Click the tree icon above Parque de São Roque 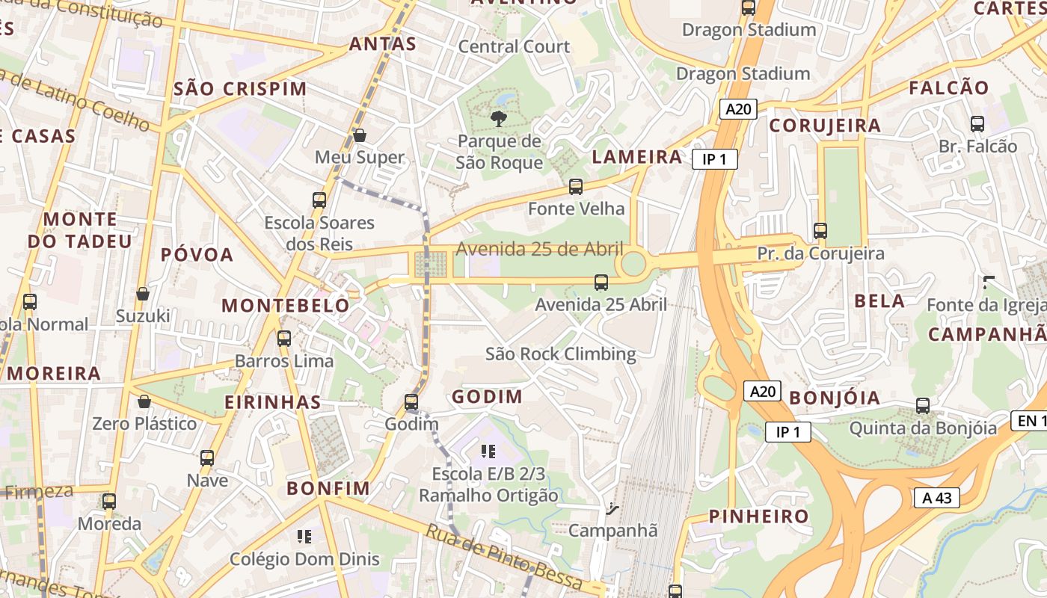498,118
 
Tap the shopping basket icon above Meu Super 360,135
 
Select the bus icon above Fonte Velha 575,187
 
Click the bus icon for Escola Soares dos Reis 319,200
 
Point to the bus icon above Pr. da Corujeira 820,231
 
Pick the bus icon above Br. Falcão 977,124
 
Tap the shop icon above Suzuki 142,294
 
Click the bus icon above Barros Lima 284,338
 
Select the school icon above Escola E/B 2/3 488,451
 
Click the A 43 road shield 936,498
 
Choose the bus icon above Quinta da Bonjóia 923,406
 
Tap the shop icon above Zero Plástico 144,401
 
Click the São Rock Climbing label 560,354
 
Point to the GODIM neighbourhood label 487,396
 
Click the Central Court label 514,46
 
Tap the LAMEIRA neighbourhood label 637,157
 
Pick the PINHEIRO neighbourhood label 759,516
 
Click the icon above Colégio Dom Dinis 304,537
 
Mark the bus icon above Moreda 109,502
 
